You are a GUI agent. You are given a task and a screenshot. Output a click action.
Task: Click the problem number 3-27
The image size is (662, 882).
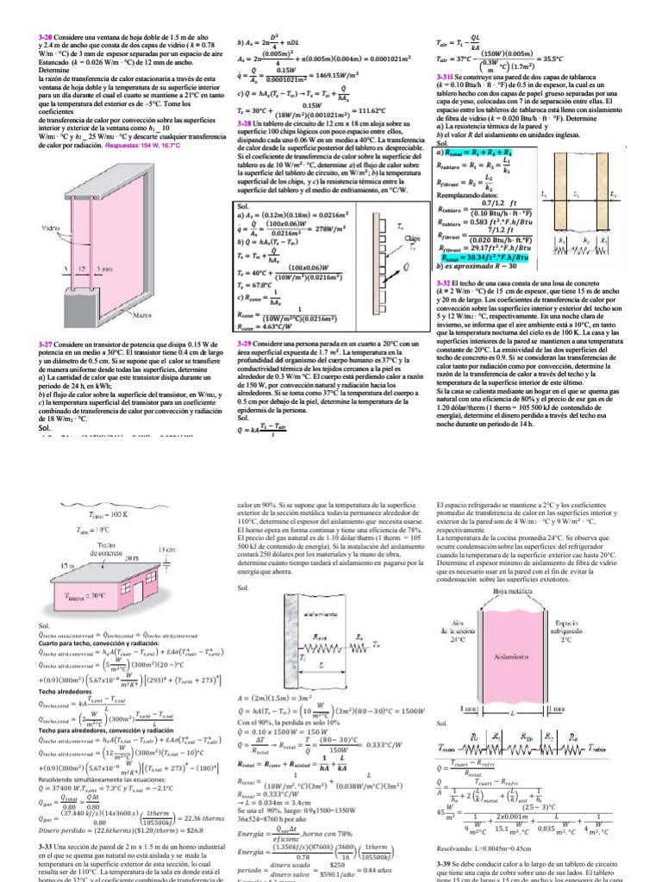47,345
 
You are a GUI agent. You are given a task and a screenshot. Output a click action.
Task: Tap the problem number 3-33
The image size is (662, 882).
47,847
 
